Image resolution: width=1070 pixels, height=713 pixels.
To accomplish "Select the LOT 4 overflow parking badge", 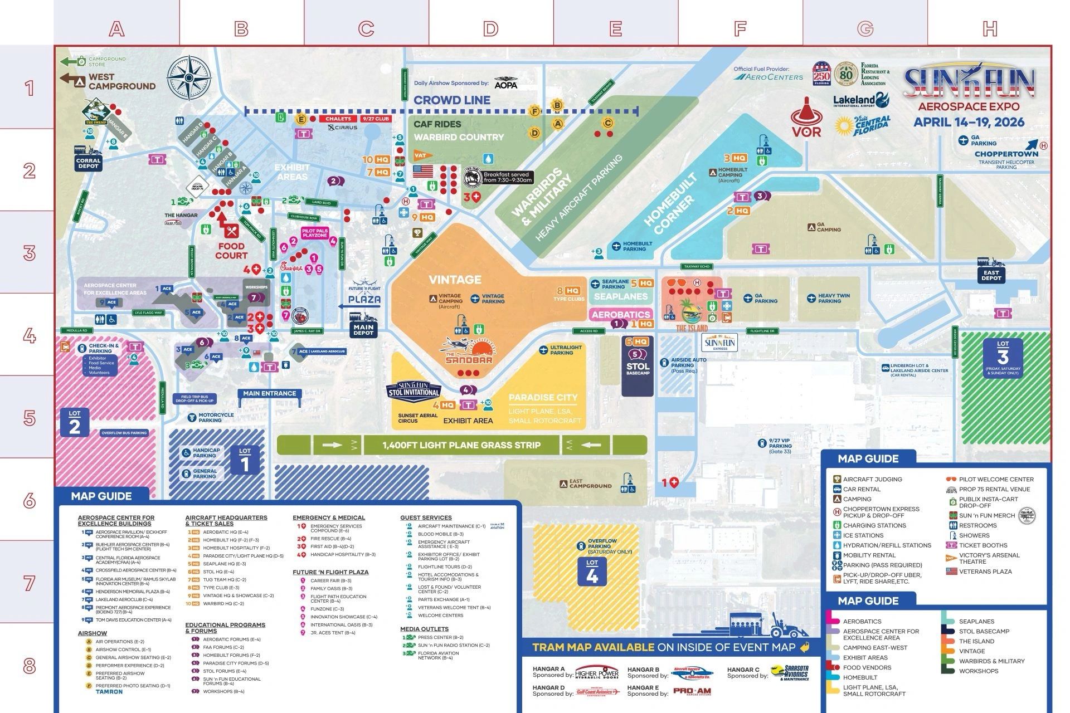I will pyautogui.click(x=592, y=573).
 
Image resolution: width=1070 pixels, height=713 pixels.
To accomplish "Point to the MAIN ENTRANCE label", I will pyautogui.click(x=269, y=393).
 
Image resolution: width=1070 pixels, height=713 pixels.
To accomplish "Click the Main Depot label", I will pyautogui.click(x=363, y=330).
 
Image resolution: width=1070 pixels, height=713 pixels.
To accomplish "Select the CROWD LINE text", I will pyautogui.click(x=452, y=100).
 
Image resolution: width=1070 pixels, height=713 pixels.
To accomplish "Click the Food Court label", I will pyautogui.click(x=231, y=250).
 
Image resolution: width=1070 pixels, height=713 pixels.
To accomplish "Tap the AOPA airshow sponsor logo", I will pyautogui.click(x=505, y=83).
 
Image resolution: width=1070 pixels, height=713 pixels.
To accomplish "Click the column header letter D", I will pyautogui.click(x=490, y=28).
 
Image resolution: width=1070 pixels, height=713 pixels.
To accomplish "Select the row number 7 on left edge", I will pyautogui.click(x=29, y=584).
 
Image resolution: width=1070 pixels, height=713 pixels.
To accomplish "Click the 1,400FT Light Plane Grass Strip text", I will pyautogui.click(x=461, y=445).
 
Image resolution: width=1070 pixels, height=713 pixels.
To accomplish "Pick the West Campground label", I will pyautogui.click(x=121, y=82).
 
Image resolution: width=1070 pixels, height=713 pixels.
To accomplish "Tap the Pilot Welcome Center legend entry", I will pyautogui.click(x=996, y=479).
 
